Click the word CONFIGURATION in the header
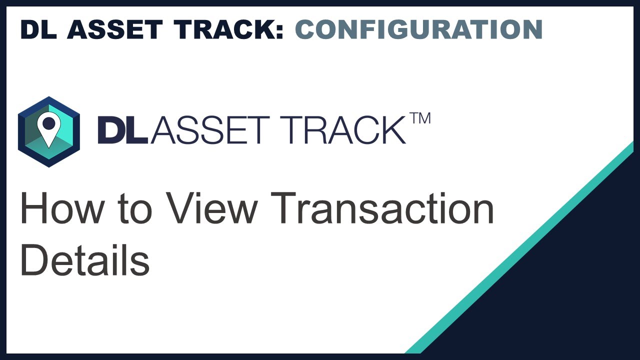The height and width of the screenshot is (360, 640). (418, 30)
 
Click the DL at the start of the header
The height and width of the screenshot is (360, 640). (38, 30)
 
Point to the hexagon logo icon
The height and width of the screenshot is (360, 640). (48, 131)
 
